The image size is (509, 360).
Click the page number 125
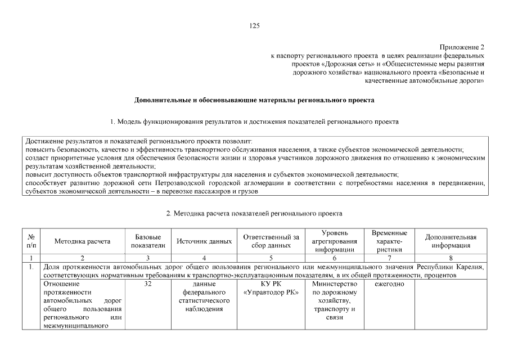254,26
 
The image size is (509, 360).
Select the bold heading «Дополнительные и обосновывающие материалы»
254,101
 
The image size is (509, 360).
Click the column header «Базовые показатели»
148,241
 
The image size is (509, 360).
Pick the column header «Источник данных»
204,241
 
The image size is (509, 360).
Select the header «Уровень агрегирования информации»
334,241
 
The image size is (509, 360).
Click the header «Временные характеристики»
389,241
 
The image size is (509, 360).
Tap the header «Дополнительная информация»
451,241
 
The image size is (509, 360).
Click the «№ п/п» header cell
31,241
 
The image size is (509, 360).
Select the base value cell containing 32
148,285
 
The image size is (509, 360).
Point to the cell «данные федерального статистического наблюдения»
204,297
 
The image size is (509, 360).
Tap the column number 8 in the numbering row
451,258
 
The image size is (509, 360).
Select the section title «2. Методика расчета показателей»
254,214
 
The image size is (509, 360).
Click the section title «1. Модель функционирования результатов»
254,121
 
